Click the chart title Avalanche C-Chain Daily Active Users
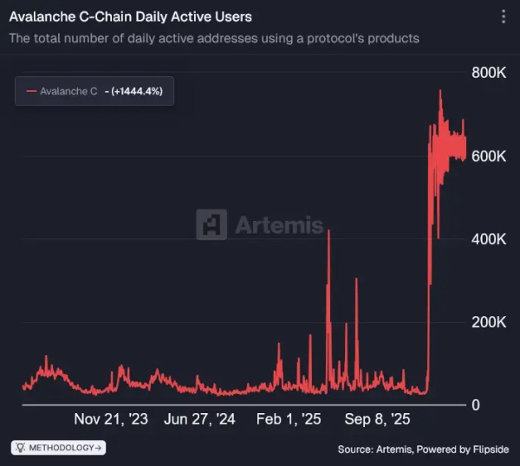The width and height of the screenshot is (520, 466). click(130, 16)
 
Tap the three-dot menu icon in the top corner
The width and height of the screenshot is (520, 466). click(504, 16)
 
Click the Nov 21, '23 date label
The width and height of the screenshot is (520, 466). click(111, 419)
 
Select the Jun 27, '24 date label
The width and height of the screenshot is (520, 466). click(200, 419)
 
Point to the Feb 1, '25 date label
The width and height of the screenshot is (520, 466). click(289, 419)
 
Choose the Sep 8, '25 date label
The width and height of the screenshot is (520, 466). click(377, 419)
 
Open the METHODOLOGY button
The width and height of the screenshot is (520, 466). click(58, 448)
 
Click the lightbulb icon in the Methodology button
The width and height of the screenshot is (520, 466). click(21, 448)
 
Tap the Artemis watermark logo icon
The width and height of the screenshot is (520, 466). click(211, 224)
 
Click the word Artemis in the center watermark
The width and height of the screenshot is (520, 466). click(279, 225)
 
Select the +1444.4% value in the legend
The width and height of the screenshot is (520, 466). click(139, 91)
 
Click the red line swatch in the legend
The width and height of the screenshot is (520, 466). click(32, 91)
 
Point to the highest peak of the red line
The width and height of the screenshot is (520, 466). click(440, 90)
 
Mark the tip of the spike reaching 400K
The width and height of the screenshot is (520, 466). click(328, 231)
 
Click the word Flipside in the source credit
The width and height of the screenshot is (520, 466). click(487, 449)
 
